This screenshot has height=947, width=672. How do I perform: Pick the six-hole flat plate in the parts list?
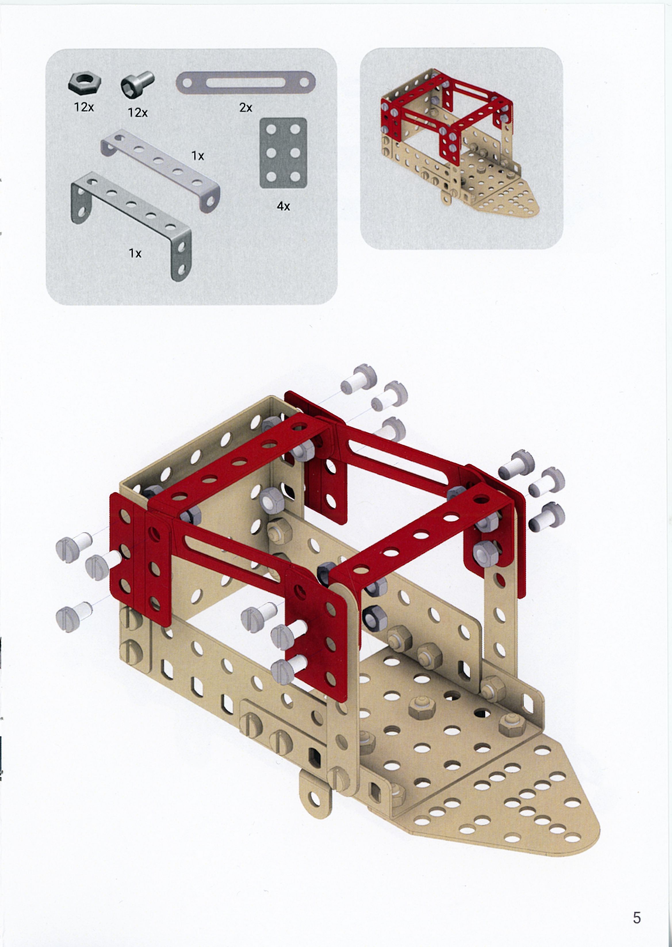pos(283,153)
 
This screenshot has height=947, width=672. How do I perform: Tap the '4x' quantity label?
pos(284,206)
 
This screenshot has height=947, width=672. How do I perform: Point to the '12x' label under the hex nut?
pos(84,107)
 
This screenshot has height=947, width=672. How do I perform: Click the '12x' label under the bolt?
pos(138,112)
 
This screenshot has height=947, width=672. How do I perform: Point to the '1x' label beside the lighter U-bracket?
pos(198,156)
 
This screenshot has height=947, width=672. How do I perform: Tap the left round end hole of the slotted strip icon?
pos(187,83)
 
